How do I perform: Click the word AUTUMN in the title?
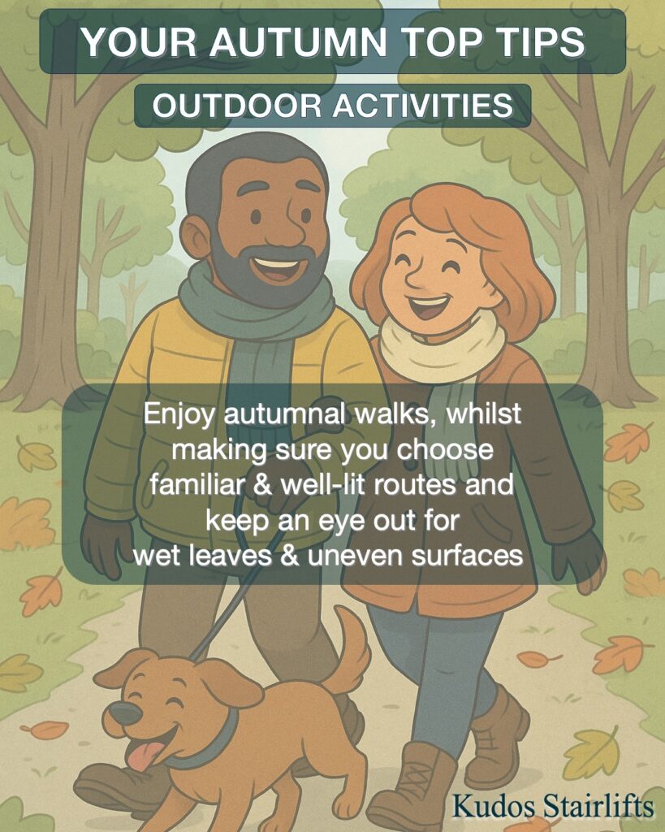[x=300, y=41]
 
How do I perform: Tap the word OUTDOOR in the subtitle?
[x=237, y=105]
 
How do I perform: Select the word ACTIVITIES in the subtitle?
[x=423, y=105]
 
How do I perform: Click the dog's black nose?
[x=125, y=713]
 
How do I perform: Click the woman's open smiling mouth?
[x=428, y=306]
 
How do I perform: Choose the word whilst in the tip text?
[x=484, y=414]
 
